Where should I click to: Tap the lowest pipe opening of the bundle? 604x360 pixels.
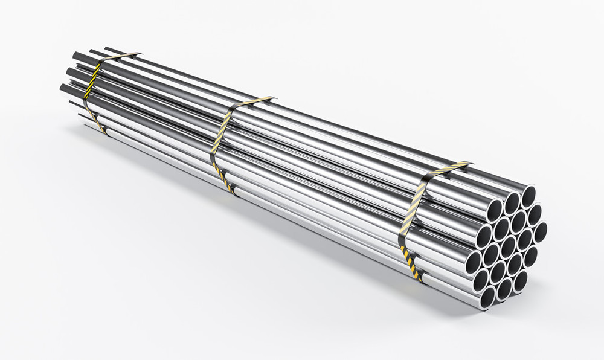point(487,296)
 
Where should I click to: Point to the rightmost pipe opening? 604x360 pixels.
point(540,232)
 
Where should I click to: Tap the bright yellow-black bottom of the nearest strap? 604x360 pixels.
point(415,266)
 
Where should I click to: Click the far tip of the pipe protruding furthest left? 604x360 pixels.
point(62,88)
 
